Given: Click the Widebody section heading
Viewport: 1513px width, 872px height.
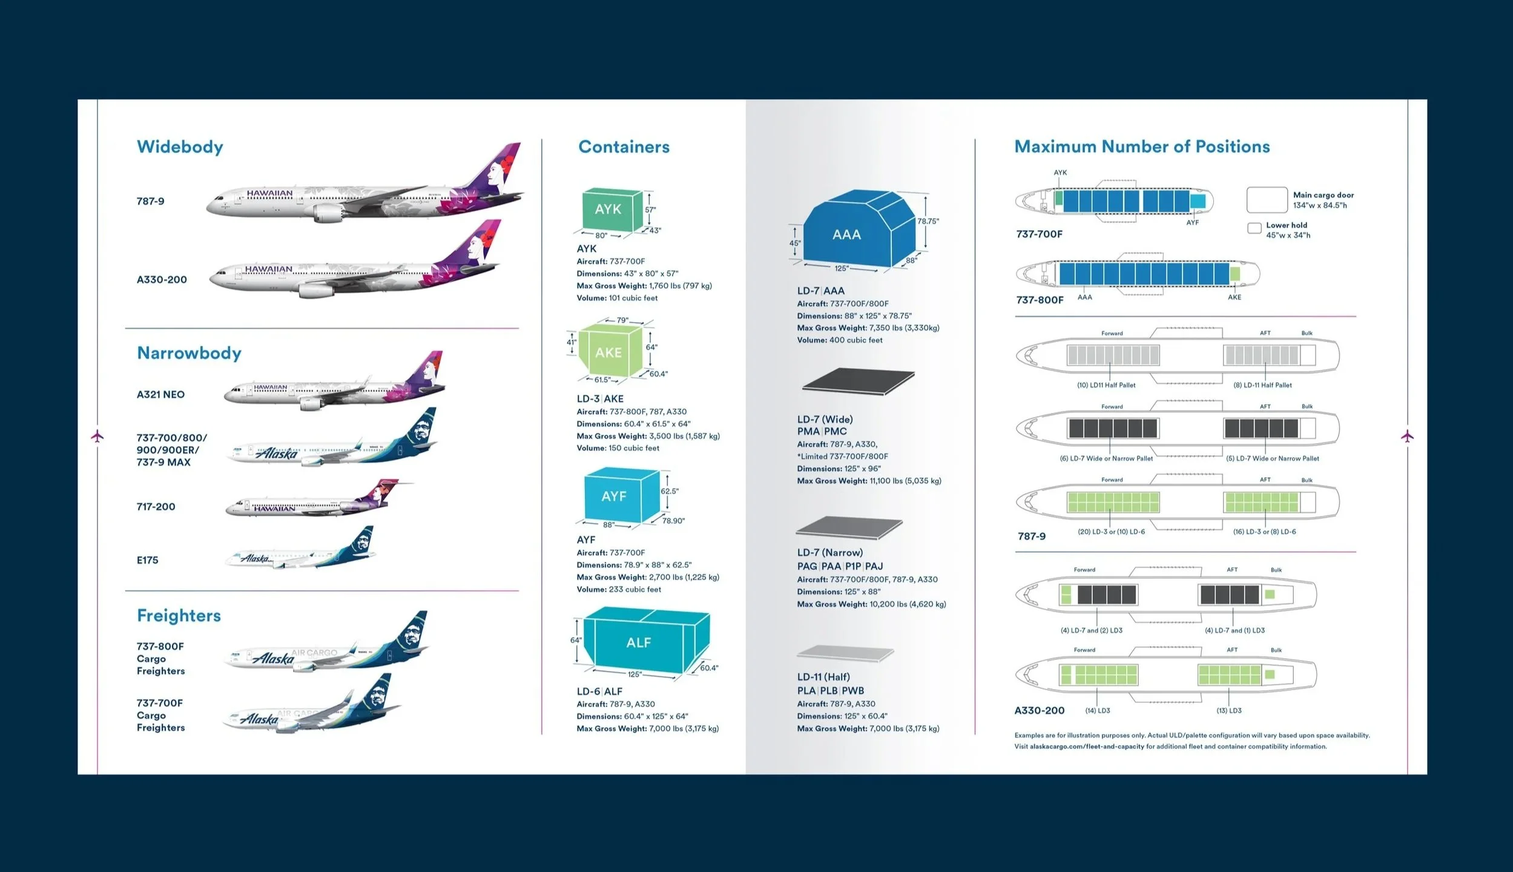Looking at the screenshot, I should pyautogui.click(x=180, y=147).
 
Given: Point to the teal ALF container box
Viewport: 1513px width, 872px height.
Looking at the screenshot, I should pyautogui.click(x=641, y=642).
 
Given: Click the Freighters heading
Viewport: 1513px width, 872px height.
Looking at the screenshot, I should pyautogui.click(x=179, y=615).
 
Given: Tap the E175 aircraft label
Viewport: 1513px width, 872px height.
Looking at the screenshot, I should pyautogui.click(x=147, y=560).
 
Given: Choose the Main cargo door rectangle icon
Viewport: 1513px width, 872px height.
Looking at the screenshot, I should pyautogui.click(x=1267, y=200).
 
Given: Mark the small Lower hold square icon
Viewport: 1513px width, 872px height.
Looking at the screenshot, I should pyautogui.click(x=1254, y=228).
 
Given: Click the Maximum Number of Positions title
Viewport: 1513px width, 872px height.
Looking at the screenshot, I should pyautogui.click(x=1142, y=147).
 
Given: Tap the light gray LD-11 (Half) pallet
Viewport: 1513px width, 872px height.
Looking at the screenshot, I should pyautogui.click(x=845, y=653).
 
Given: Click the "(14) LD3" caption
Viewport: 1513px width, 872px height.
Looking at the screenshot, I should pyautogui.click(x=1098, y=710).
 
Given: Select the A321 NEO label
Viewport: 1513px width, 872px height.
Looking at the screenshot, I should pyautogui.click(x=160, y=394).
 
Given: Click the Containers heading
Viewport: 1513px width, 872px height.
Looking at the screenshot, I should pyautogui.click(x=624, y=147).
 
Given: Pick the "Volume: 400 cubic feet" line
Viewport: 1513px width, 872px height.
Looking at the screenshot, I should pyautogui.click(x=840, y=340).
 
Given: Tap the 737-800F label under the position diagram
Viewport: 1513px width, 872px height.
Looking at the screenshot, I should pyautogui.click(x=1040, y=300).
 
